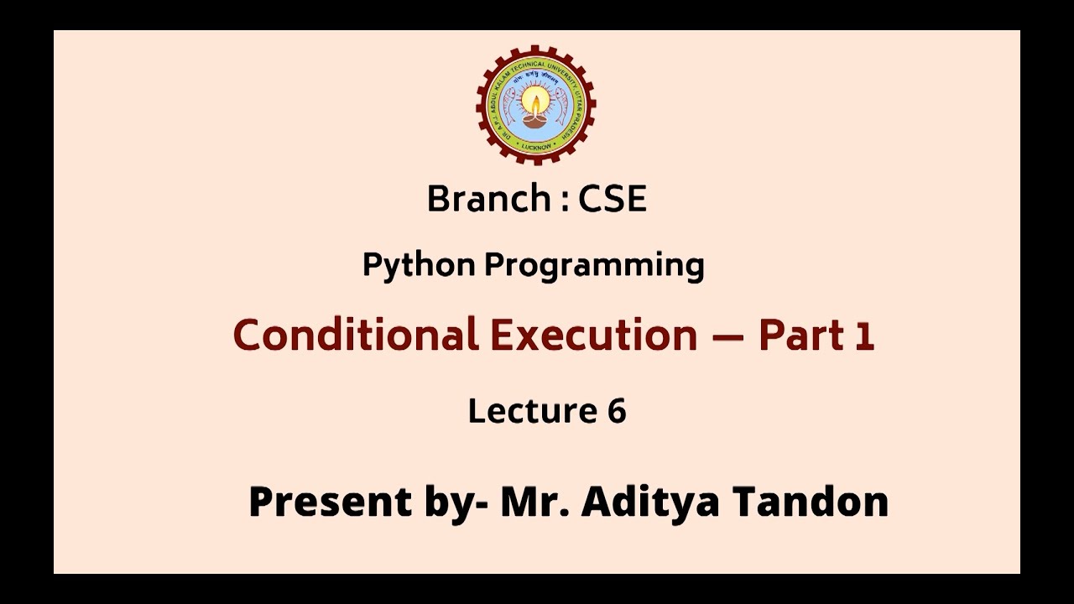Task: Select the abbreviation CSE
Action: [x=613, y=199]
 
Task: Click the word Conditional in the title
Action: [x=355, y=335]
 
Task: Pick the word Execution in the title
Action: [x=593, y=335]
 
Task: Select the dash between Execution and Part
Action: [x=727, y=336]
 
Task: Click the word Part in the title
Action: [x=801, y=335]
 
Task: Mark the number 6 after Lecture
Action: [x=616, y=411]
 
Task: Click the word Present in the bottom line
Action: [x=330, y=502]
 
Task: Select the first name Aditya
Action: [x=650, y=502]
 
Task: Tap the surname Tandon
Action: [x=811, y=502]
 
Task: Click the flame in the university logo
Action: [x=535, y=102]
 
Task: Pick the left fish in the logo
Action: [x=508, y=107]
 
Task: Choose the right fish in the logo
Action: [x=562, y=107]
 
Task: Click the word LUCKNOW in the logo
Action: [x=536, y=146]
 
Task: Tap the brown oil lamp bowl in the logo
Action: [x=535, y=120]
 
